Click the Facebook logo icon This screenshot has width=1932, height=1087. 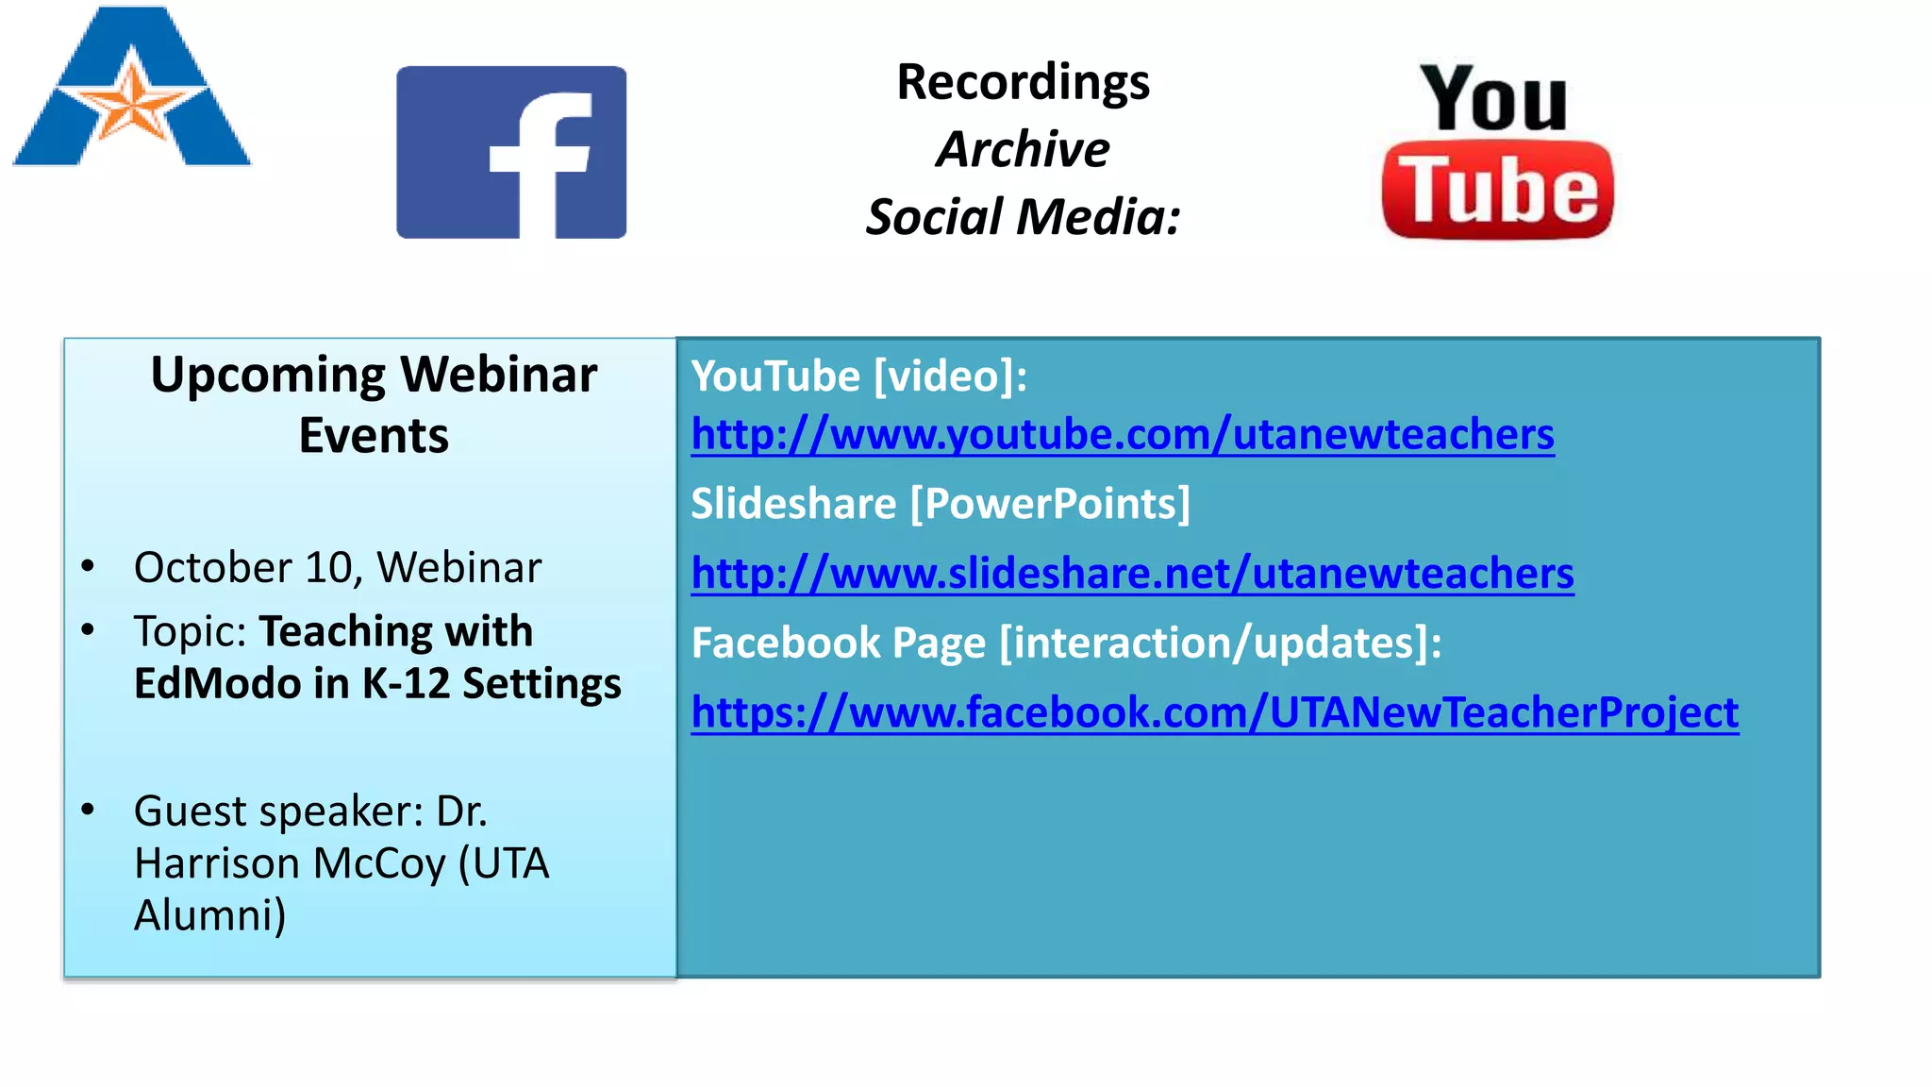click(511, 152)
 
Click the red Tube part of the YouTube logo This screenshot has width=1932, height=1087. click(1497, 191)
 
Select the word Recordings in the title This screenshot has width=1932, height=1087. click(1023, 82)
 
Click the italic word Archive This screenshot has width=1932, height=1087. click(1023, 149)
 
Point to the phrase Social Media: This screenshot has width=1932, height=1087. click(1023, 217)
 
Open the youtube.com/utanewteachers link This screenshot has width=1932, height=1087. click(1123, 435)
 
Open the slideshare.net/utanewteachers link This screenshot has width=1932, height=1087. click(1132, 574)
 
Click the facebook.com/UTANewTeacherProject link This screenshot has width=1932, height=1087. click(1214, 712)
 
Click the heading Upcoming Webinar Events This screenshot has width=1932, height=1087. click(374, 404)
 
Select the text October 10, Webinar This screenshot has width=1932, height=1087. click(338, 568)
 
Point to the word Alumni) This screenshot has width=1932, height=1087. click(209, 915)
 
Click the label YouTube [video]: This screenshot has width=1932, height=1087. click(858, 376)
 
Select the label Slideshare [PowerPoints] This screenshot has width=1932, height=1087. click(941, 504)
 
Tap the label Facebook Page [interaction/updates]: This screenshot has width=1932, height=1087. click(1066, 644)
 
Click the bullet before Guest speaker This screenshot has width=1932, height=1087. click(89, 810)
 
